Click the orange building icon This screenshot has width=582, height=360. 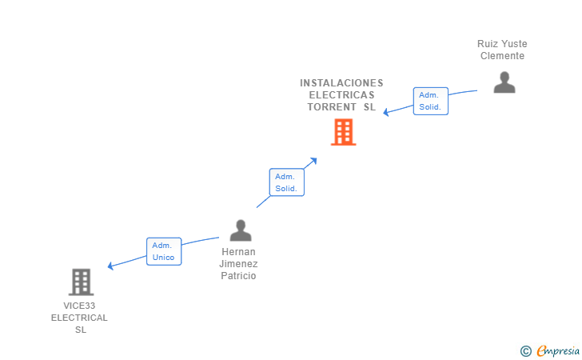coord(343,132)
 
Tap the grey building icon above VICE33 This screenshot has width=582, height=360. coord(81,282)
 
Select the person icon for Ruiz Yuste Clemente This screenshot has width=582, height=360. coord(504,82)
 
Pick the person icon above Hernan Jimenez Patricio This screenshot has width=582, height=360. coord(241,230)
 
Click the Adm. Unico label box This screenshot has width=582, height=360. coord(164,251)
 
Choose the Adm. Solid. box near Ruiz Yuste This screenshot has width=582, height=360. coord(431,101)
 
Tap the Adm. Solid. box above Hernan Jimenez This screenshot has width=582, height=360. coord(286,182)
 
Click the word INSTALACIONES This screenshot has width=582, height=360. coord(341,83)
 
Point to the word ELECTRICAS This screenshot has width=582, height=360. coord(342,95)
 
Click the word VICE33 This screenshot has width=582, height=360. coord(79,306)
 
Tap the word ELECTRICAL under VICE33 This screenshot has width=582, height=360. coord(79,318)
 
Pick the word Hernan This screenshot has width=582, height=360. coord(238,252)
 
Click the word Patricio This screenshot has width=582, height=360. coord(238,276)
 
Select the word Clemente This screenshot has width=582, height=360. coord(502,56)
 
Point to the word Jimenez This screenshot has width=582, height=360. coord(238,264)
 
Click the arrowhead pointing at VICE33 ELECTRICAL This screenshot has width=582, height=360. coord(110,266)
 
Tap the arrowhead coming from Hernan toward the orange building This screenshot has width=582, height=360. coord(313,161)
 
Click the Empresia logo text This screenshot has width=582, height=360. coord(558,350)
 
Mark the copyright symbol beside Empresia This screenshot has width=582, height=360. coord(526,351)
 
